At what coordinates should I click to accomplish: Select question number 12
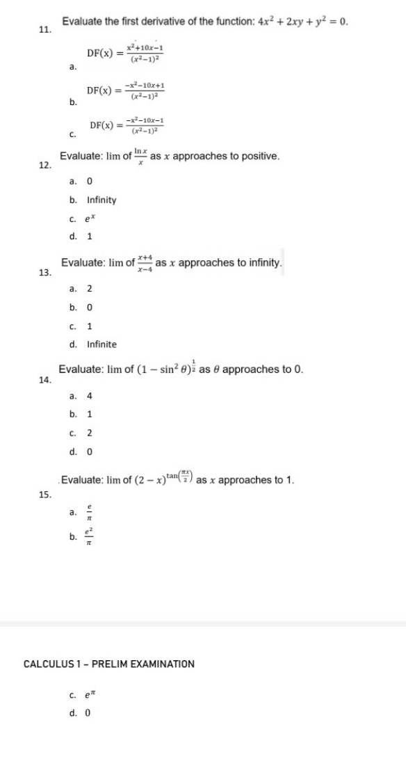(44, 166)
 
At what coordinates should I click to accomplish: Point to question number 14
(44, 379)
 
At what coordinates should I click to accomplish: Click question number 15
(44, 495)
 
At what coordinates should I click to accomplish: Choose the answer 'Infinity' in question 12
(101, 200)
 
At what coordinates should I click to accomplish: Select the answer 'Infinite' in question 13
(101, 344)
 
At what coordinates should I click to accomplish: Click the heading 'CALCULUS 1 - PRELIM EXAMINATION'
(109, 664)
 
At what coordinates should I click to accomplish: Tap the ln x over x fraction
(141, 156)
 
